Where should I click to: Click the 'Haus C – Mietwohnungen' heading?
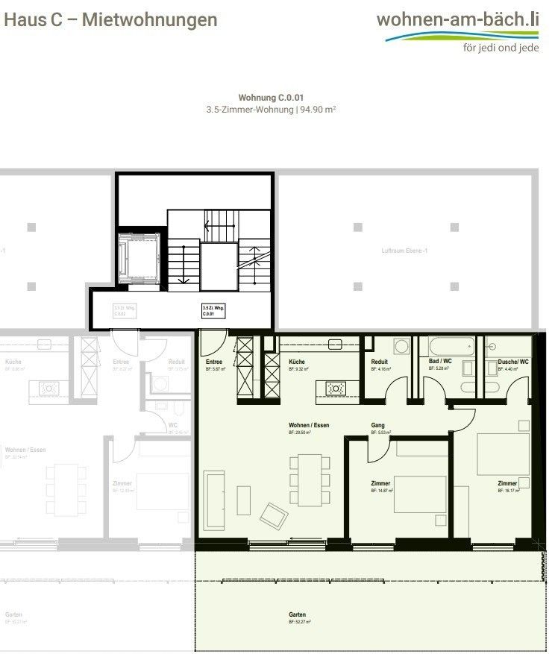[111, 20]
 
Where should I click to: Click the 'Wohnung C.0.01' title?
[271, 98]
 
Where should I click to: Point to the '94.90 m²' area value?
[317, 109]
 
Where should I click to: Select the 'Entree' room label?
[215, 362]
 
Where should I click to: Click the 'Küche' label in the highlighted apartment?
[297, 362]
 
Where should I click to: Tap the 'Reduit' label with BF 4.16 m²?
[380, 362]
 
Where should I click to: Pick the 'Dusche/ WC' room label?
[513, 362]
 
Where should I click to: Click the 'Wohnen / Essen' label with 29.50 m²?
[309, 425]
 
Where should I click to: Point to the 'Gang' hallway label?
[377, 425]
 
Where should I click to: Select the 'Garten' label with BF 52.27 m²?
[298, 615]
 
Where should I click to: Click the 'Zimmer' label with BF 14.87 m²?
[380, 483]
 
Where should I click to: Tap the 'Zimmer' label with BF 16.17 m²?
[507, 483]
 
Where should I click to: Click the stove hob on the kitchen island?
[336, 388]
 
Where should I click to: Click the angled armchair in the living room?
[274, 515]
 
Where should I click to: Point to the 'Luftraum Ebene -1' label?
[404, 251]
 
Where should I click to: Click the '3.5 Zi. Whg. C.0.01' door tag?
[213, 311]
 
